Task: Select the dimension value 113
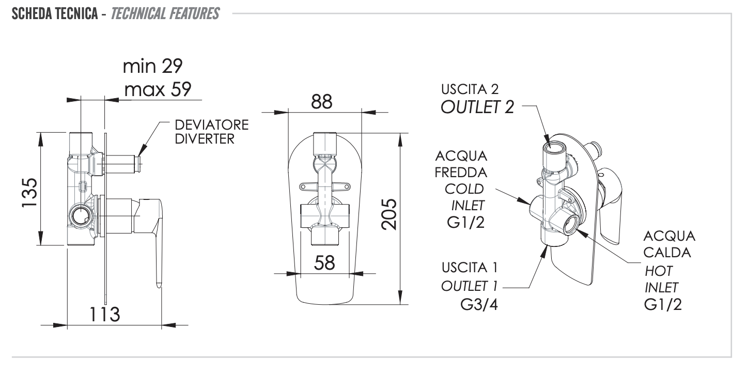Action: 103,314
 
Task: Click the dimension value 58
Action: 325,263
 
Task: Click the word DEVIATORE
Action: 211,126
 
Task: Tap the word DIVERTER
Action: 205,139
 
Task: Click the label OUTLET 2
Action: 477,108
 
